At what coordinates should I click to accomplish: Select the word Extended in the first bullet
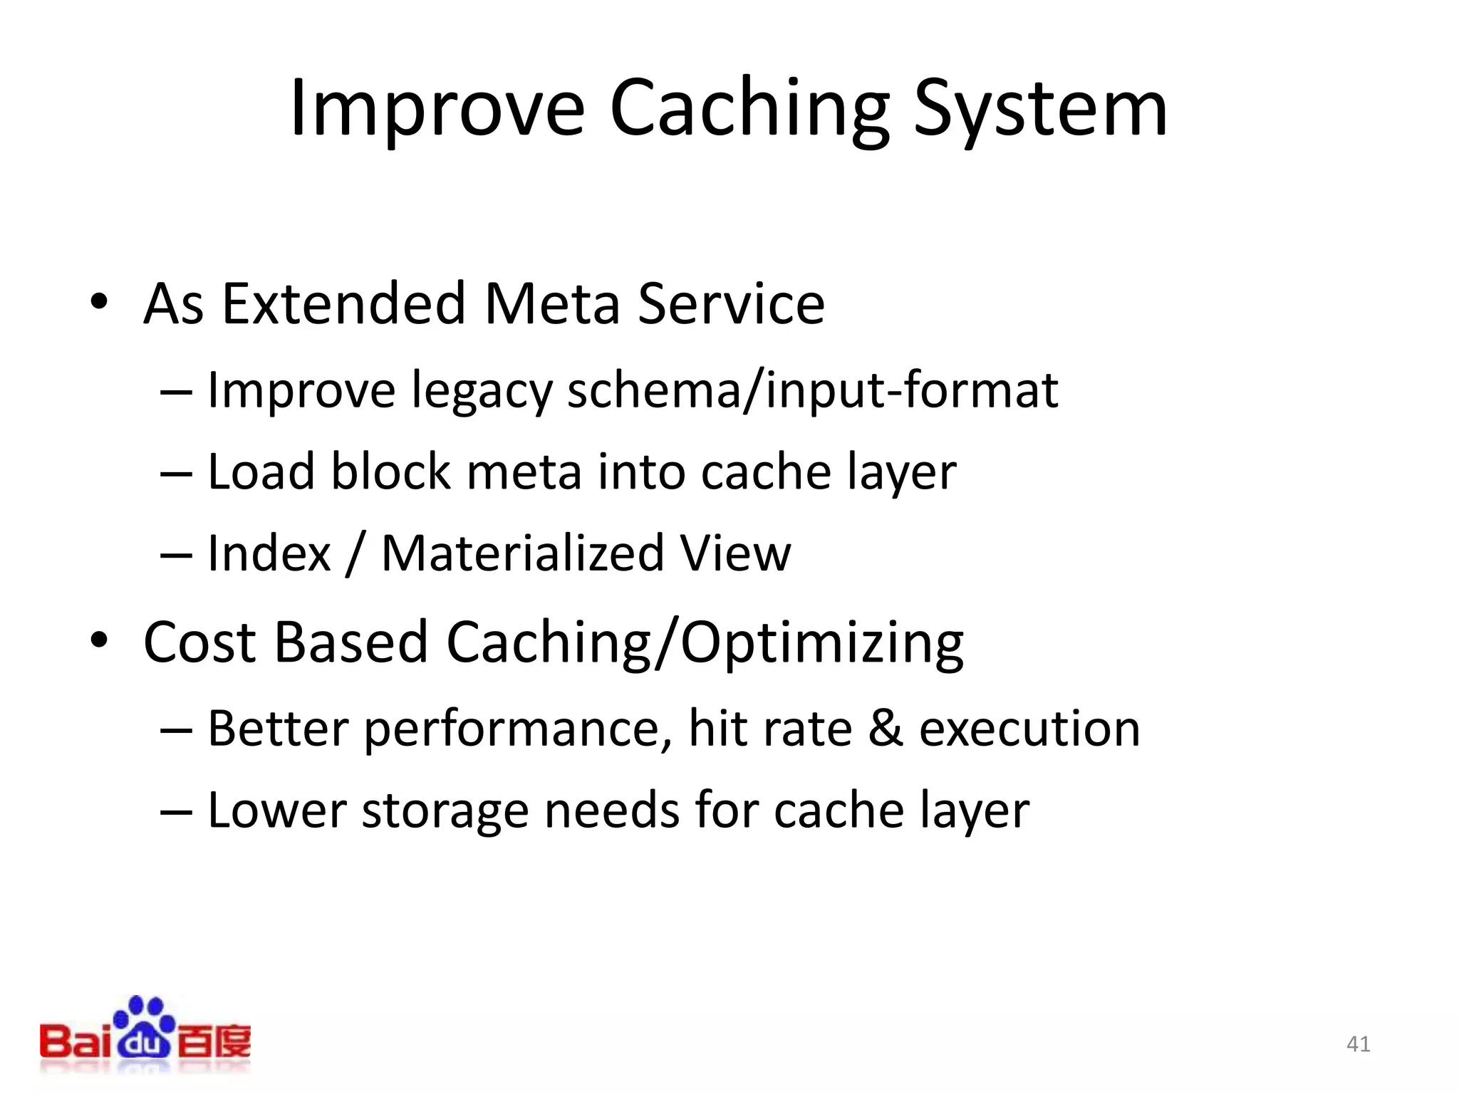(344, 303)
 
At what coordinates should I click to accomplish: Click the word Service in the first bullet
(731, 303)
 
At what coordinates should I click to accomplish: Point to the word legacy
(482, 392)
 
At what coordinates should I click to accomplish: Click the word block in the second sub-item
(391, 472)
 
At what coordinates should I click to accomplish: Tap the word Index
(269, 553)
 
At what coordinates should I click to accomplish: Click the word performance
(518, 729)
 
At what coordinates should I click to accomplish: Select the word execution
(1029, 729)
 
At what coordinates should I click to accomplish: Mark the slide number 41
(1358, 1044)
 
